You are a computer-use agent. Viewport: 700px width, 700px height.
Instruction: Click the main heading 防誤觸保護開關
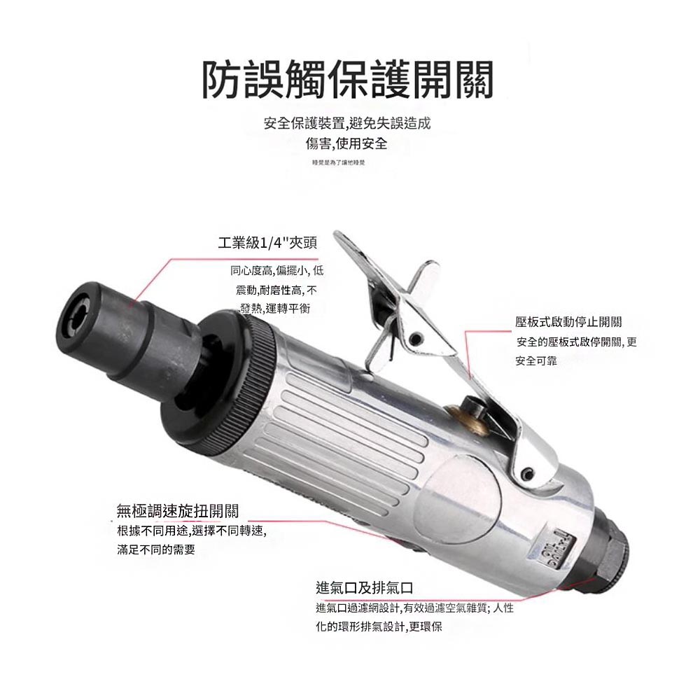click(348, 80)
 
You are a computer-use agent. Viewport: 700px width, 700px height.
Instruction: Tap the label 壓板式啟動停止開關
click(568, 322)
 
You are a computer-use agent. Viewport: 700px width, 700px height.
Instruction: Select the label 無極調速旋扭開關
click(182, 512)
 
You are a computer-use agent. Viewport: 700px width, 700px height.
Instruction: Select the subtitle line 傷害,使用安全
click(347, 143)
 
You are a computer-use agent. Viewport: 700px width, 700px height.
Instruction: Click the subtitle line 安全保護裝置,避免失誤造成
click(347, 124)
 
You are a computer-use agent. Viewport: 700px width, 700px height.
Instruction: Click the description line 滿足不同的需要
click(156, 550)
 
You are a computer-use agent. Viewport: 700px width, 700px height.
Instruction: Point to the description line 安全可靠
click(536, 361)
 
